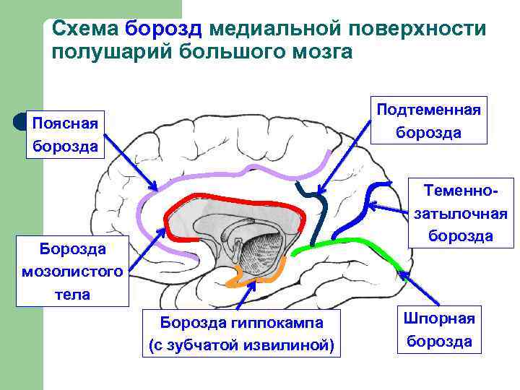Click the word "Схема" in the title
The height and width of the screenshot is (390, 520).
click(x=85, y=29)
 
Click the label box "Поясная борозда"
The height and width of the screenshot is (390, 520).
click(x=66, y=133)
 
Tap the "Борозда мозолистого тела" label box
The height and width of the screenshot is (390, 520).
click(x=64, y=272)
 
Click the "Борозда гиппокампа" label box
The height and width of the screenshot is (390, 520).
click(x=241, y=333)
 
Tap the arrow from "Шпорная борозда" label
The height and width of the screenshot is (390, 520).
click(x=420, y=292)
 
